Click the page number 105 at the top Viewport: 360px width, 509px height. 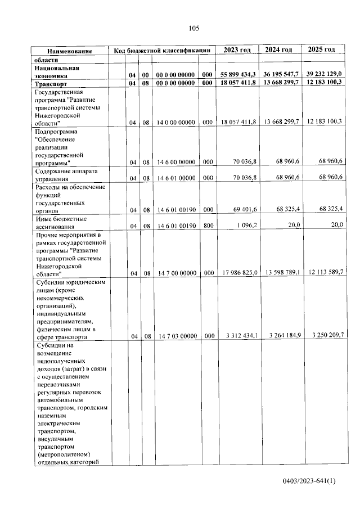coord(194,28)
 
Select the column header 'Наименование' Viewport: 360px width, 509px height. coord(69,51)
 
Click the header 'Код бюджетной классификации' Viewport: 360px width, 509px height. coord(162,51)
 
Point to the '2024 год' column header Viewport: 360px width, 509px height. coord(279,50)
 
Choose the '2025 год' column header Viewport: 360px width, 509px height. coord(322,50)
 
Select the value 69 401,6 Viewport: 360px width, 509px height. coord(245,209)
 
